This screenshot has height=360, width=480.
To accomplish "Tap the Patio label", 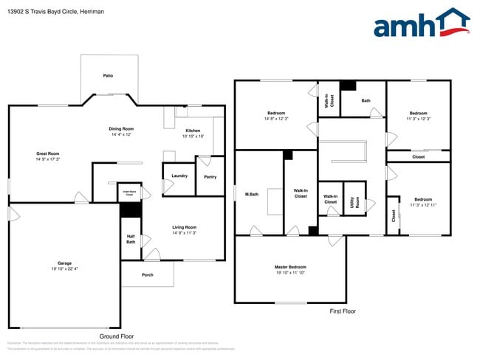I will (x=108, y=75).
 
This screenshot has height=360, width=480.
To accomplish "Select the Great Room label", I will (x=48, y=153).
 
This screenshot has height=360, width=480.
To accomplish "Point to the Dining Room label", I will (x=122, y=128).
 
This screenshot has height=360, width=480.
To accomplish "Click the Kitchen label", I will (x=193, y=131).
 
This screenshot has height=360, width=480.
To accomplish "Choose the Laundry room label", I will (x=179, y=176).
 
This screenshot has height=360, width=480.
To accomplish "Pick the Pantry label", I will (x=210, y=177).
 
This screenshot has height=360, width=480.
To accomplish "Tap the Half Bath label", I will (x=130, y=240).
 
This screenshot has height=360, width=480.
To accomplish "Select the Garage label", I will (x=64, y=263).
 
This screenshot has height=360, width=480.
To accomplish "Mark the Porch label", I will (x=148, y=275).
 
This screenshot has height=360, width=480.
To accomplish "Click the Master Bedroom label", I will (x=290, y=267).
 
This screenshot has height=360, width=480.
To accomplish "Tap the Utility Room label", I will (x=355, y=201).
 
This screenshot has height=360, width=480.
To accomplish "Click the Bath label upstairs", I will (x=366, y=100).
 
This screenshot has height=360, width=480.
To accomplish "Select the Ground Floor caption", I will (x=116, y=336).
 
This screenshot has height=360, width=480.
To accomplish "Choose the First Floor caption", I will (x=343, y=311).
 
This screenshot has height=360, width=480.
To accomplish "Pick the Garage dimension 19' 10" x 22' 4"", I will (x=64, y=269).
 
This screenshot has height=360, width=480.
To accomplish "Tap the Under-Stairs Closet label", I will (x=128, y=193).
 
